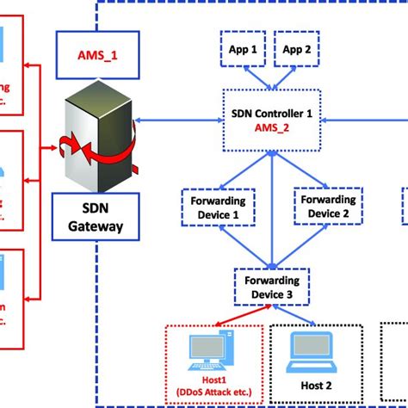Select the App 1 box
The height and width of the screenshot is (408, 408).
point(248,50)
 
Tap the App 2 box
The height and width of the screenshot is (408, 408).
point(297,50)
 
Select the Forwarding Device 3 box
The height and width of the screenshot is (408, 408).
point(272,286)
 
